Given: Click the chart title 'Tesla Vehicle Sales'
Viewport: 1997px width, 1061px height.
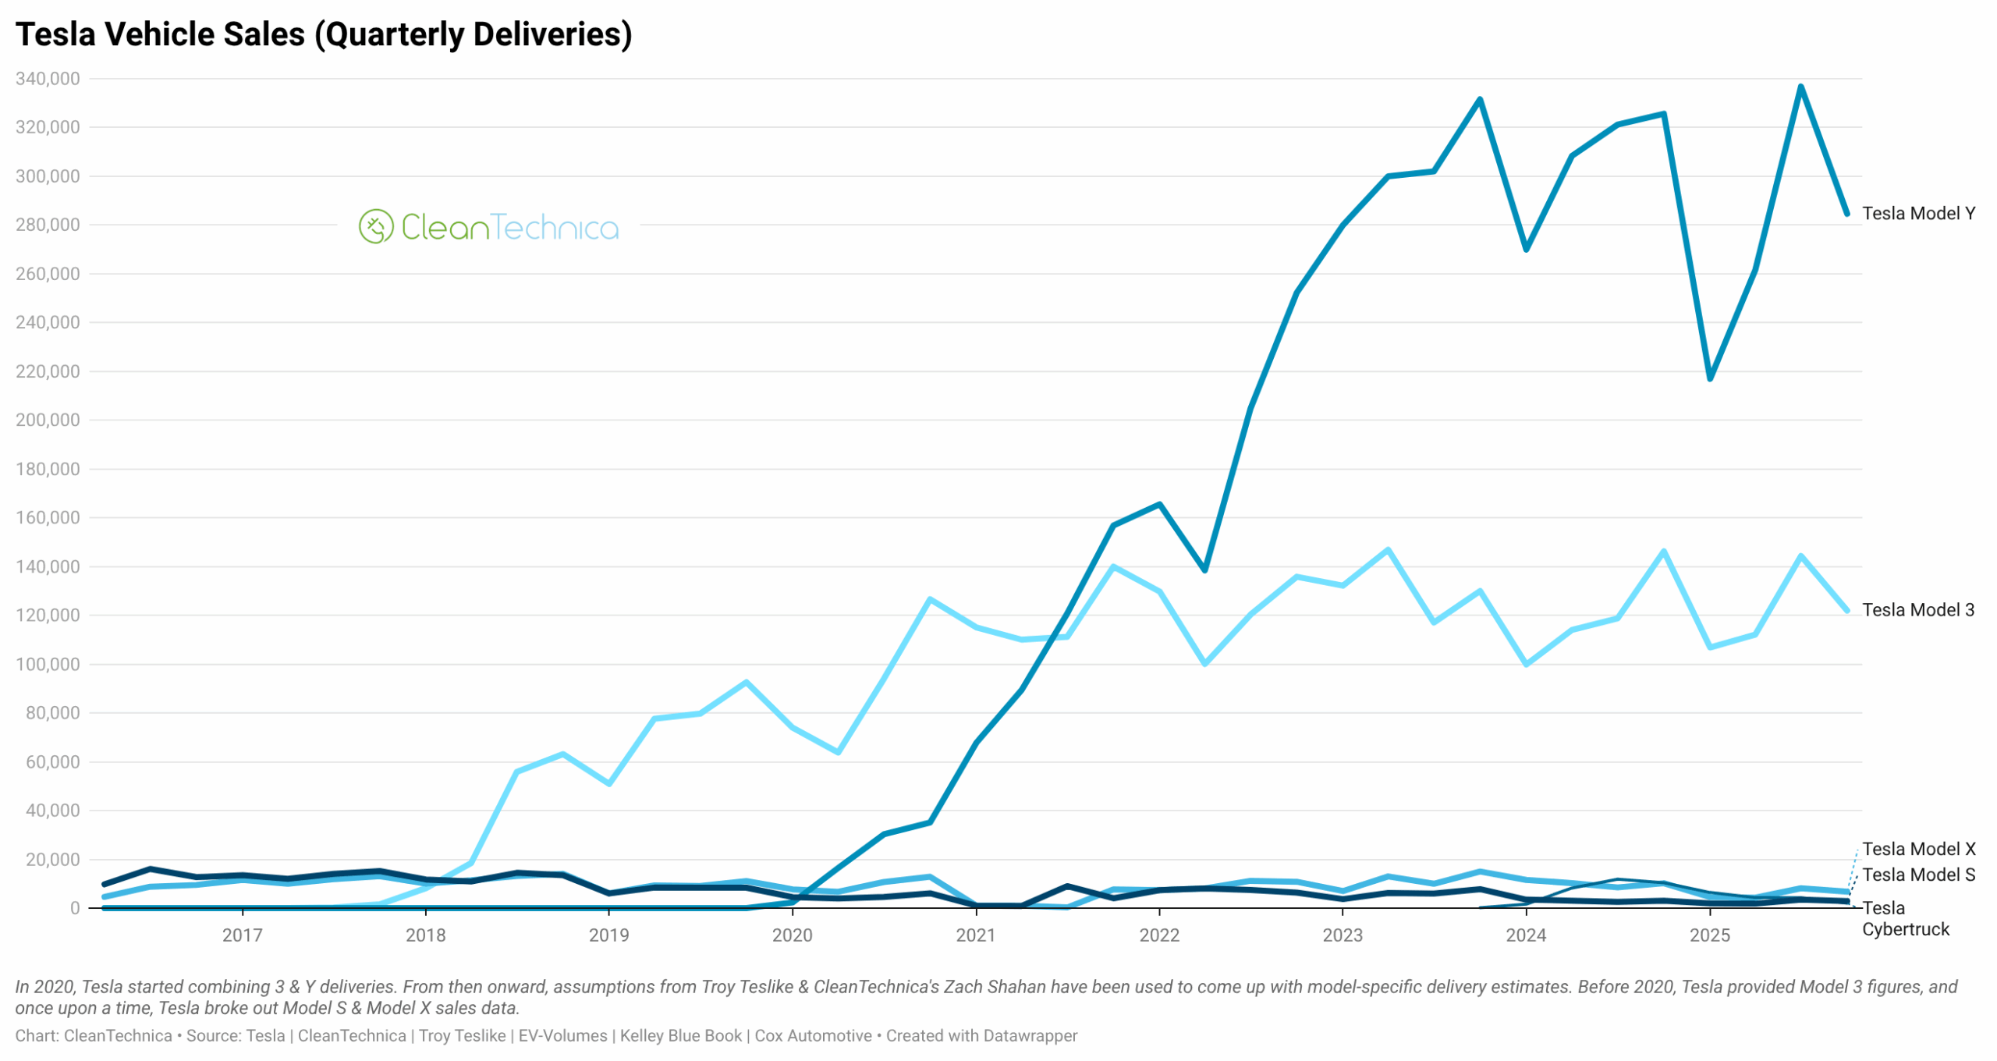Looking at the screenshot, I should tap(323, 34).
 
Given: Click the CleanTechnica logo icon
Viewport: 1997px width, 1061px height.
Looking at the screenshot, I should tap(375, 226).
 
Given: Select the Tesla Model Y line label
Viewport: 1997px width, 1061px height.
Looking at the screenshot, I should tap(1917, 213).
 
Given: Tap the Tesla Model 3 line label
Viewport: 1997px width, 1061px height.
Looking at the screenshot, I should tap(1917, 609).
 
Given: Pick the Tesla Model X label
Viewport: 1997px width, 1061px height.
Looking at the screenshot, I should tap(1918, 848).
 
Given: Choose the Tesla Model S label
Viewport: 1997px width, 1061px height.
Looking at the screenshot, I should tap(1918, 874).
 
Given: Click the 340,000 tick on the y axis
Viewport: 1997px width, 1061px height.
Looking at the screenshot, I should tap(48, 79).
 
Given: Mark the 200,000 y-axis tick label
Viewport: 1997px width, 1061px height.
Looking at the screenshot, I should tap(48, 420).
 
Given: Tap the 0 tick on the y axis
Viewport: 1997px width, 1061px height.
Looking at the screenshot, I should tap(75, 907).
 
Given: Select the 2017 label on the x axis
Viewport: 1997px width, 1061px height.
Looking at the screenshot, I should tap(242, 935).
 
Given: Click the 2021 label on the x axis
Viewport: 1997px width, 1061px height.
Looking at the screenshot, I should tap(975, 935).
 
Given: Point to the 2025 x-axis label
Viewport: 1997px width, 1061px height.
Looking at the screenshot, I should tap(1708, 935).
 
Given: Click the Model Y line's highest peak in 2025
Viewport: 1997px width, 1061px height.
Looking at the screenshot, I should tap(1800, 87).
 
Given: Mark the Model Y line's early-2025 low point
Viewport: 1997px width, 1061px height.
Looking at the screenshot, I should tap(1709, 378).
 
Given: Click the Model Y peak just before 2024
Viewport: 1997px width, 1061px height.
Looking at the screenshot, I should tap(1479, 100).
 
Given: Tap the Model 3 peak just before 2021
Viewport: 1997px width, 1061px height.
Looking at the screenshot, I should tap(930, 599).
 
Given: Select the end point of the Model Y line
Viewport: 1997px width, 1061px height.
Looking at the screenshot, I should tap(1846, 213).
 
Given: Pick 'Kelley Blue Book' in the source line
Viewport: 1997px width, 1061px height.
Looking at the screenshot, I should tap(680, 1035).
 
